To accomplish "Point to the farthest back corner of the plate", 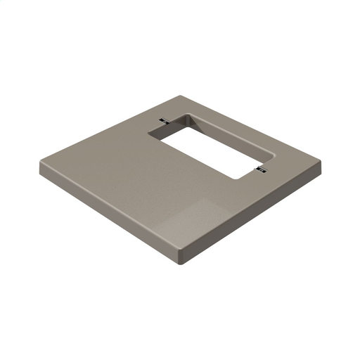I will point(182,97).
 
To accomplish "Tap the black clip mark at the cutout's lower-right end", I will point(261,169).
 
